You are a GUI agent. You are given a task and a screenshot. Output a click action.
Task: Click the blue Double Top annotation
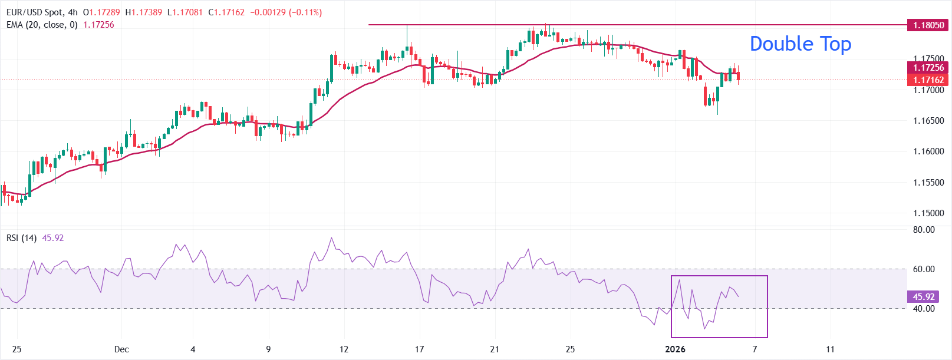pos(800,44)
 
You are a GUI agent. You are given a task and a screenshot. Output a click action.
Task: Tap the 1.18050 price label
pos(928,25)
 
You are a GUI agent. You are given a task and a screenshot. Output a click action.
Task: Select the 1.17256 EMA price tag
pos(928,68)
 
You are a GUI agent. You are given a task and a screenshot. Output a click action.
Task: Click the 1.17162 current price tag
pos(928,80)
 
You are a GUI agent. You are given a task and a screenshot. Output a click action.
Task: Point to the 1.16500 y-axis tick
pos(928,121)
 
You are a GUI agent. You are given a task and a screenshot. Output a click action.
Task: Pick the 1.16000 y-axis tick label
pos(928,151)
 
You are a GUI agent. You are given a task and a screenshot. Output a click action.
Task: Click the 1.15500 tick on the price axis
pos(928,183)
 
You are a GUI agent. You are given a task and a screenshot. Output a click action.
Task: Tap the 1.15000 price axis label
pos(928,213)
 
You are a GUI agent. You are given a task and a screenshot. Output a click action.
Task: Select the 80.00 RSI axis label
pos(924,230)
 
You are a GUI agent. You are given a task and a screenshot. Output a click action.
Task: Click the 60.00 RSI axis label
pos(924,269)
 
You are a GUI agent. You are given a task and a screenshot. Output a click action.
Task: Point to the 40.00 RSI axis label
pos(924,309)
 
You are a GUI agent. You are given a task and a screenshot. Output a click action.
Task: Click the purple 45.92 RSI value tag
pos(923,297)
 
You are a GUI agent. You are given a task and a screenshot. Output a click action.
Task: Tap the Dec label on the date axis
pos(121,349)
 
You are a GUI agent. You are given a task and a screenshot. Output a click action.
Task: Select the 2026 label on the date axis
pos(675,349)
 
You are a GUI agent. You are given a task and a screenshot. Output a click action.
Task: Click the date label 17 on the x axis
pos(419,349)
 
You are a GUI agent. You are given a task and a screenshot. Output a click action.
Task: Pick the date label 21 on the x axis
pos(495,349)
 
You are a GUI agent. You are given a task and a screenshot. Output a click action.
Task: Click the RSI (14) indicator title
pos(21,238)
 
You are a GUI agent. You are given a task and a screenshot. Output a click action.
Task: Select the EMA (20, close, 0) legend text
pos(42,25)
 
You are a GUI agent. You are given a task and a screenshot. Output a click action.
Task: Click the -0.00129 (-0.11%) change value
pos(286,12)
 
